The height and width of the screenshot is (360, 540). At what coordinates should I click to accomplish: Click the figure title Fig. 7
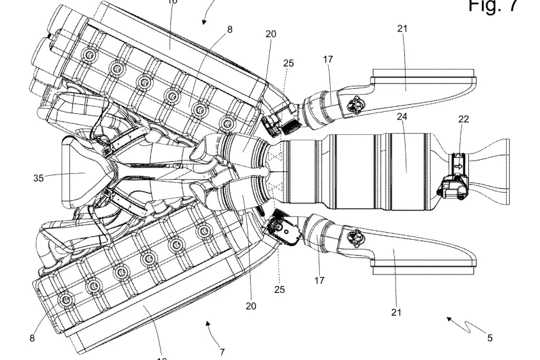click(491, 6)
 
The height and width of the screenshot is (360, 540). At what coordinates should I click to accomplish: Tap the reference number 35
click(38, 178)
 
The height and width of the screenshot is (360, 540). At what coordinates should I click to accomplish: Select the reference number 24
click(402, 116)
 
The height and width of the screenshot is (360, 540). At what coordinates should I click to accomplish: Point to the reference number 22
click(463, 120)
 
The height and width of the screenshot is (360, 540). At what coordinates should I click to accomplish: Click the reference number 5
click(489, 338)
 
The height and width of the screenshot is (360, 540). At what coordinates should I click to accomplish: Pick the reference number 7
click(221, 352)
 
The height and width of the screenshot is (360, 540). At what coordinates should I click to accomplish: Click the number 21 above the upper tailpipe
click(402, 29)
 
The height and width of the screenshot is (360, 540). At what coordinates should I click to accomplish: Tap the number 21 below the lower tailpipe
click(397, 312)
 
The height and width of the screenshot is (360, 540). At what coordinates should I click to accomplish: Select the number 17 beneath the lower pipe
click(319, 280)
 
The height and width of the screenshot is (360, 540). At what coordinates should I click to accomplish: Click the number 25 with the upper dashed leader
click(289, 63)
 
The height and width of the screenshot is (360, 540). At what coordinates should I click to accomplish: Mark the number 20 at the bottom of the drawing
click(251, 306)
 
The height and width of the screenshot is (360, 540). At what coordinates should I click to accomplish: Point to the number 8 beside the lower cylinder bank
click(32, 338)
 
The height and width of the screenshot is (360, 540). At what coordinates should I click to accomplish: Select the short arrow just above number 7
click(209, 325)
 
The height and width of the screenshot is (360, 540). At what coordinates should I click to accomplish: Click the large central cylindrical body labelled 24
click(358, 171)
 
